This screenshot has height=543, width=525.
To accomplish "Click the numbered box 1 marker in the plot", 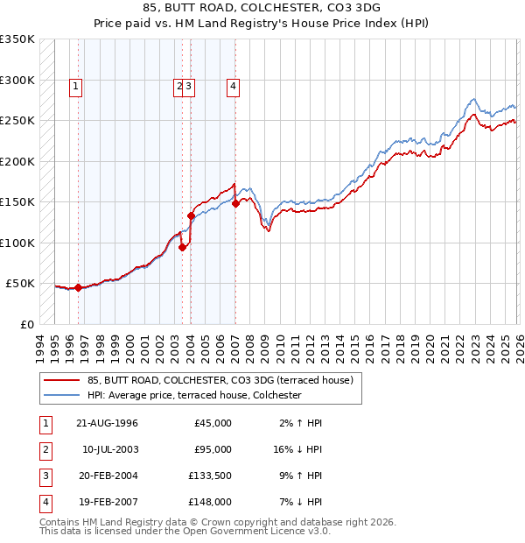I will (x=77, y=86).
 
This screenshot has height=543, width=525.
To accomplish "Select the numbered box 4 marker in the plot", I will (x=234, y=86).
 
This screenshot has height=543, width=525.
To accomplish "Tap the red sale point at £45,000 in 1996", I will (x=78, y=287).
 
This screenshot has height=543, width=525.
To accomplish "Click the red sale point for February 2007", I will (x=235, y=204).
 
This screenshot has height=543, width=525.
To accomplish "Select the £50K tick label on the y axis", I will (x=21, y=284).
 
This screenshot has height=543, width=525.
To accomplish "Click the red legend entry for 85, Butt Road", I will (x=220, y=380).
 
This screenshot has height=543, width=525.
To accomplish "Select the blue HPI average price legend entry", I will (x=193, y=396).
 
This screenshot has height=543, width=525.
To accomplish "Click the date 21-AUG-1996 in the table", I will (x=107, y=423).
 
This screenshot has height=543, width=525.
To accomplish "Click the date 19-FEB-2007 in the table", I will (x=107, y=502).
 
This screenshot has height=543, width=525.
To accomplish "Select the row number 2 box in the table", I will (x=44, y=449).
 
